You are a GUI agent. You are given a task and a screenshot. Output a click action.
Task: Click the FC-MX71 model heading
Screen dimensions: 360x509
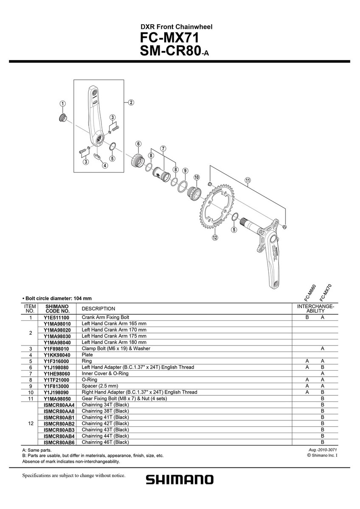tap(169, 38)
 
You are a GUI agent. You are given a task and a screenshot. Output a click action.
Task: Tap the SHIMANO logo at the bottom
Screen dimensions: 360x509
tap(180, 479)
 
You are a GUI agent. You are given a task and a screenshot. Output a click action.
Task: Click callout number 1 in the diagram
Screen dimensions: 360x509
tap(62, 103)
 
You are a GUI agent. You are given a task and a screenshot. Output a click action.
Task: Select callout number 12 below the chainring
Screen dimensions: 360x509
tap(215, 238)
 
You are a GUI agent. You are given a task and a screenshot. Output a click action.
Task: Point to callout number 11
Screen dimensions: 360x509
tap(247, 180)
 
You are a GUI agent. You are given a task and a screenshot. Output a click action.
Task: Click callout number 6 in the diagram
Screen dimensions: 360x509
tap(138, 144)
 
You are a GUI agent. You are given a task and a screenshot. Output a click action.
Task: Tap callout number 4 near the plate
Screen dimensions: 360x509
tap(104, 166)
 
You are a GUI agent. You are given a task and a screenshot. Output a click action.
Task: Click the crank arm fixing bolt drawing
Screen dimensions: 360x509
tap(62, 118)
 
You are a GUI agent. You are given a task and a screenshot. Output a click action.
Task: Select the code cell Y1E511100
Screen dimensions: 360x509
tap(56, 317)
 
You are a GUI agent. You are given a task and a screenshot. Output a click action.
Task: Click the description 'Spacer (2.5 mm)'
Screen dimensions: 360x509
tap(100, 386)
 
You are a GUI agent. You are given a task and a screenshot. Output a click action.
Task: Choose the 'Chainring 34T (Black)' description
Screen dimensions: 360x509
tap(105, 405)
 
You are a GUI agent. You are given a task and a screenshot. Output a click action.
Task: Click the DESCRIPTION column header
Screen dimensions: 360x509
tap(98, 309)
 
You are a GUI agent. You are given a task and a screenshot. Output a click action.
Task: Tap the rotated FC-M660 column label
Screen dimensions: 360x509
tap(310, 293)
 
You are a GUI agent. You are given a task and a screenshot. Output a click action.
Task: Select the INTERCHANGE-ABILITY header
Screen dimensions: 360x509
tap(315, 309)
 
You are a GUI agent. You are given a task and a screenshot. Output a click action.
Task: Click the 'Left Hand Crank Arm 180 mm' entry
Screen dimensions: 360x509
tap(114, 342)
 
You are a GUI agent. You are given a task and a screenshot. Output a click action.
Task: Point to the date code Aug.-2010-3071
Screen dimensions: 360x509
tap(323, 450)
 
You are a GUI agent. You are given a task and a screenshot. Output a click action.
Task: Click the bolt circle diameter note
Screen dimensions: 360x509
tap(57, 298)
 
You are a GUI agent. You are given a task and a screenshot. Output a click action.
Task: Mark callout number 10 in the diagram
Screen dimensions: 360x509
tap(197, 177)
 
